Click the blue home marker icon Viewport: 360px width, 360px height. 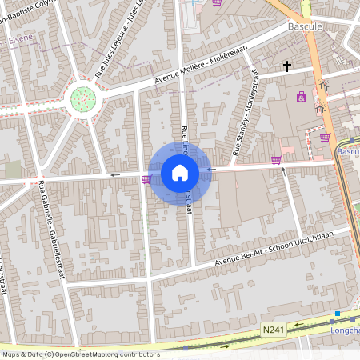[x=180, y=173]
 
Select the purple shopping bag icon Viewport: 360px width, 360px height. [x=301, y=98]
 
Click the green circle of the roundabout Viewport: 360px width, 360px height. [x=83, y=99]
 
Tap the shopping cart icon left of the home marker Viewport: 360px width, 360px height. [x=146, y=178]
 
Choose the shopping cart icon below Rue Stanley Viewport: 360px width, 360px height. [x=276, y=160]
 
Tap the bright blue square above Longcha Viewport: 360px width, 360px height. [x=338, y=313]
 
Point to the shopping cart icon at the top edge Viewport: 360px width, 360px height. [x=217, y=3]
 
